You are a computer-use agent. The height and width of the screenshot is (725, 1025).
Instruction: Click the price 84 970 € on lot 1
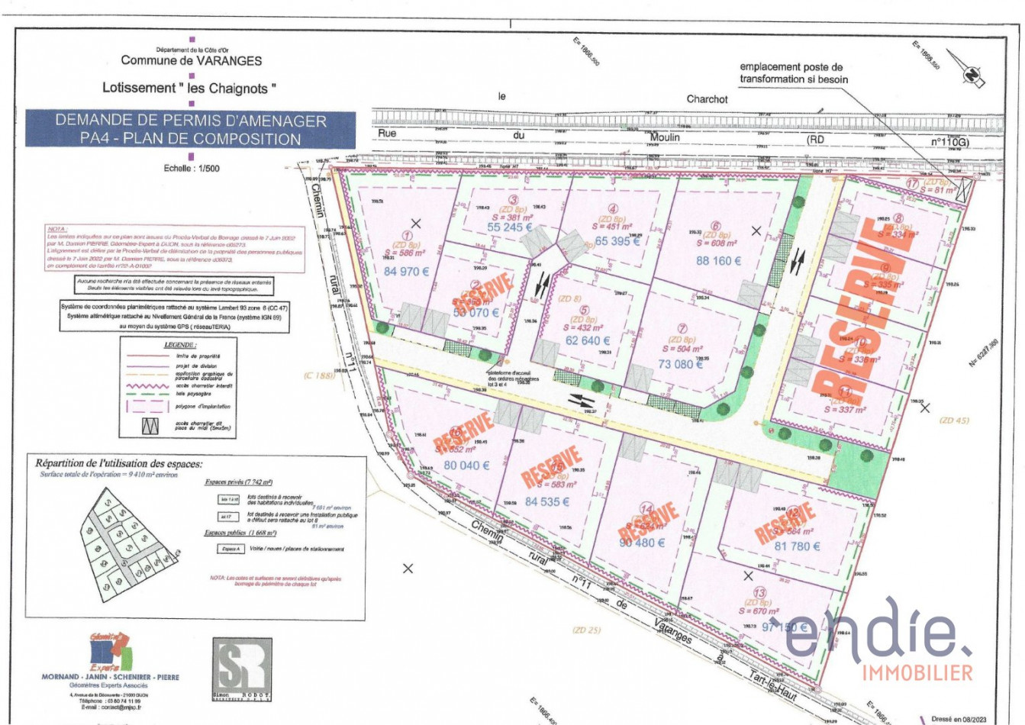[x=406, y=271]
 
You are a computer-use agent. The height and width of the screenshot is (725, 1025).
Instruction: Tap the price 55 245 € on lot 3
[x=510, y=227]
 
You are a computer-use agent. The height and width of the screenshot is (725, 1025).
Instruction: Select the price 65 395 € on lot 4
[x=617, y=241]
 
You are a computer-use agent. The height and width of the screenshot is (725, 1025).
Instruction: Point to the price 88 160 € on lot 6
[x=718, y=260]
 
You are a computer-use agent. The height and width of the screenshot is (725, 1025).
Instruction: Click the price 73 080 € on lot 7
[x=680, y=364]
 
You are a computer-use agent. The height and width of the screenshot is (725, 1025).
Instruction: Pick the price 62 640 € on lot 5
[x=587, y=341]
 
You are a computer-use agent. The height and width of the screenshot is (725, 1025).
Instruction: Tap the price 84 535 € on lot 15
[x=546, y=501]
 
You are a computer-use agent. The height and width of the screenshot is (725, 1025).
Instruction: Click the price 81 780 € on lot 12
[x=797, y=546]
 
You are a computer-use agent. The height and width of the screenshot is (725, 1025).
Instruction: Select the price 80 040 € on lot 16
[x=466, y=466]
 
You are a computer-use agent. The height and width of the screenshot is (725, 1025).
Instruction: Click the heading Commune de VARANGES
[x=191, y=61]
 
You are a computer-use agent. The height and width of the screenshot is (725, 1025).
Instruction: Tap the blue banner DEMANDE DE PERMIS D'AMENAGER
[x=191, y=129]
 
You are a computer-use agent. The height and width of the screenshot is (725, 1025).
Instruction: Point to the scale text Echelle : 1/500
[x=191, y=169]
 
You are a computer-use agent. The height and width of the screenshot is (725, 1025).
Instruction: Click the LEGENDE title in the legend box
[x=179, y=345]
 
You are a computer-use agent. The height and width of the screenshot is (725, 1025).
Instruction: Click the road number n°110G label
[x=949, y=141]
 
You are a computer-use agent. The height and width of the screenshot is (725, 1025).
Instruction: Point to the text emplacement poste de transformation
[x=792, y=73]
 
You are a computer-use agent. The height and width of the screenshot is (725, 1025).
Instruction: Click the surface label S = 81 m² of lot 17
[x=937, y=190]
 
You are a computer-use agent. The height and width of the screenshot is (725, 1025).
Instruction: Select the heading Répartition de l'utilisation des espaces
[x=119, y=463]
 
